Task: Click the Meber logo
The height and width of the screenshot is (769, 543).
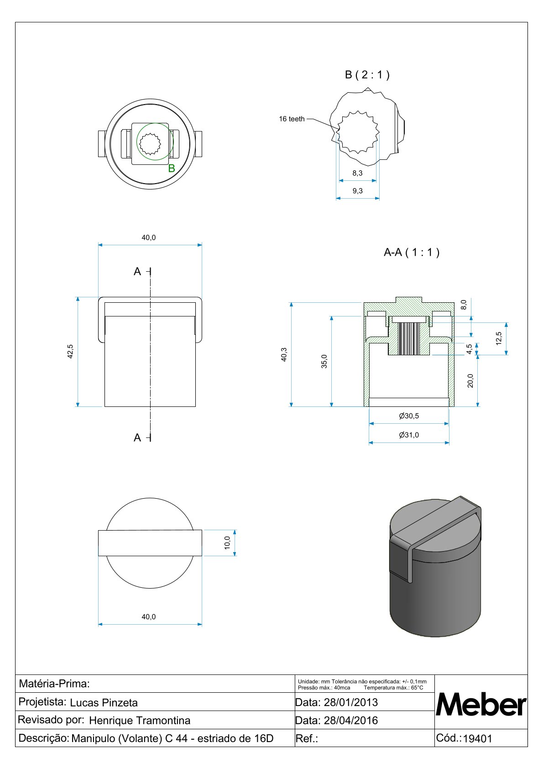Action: (x=481, y=705)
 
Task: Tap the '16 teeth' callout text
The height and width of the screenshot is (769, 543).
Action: (x=292, y=119)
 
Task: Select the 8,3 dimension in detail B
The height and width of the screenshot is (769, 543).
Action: (x=357, y=173)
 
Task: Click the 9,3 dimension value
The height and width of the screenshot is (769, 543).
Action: (x=357, y=191)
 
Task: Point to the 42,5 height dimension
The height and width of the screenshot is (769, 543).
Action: (x=70, y=351)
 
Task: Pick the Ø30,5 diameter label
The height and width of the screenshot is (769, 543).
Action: (x=408, y=416)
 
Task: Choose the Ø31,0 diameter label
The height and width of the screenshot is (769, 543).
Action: (x=408, y=435)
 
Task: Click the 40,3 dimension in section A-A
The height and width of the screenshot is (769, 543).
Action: (x=284, y=354)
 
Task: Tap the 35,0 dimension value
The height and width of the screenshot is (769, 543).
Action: (x=324, y=361)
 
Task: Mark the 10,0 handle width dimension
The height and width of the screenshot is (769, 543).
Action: (x=227, y=543)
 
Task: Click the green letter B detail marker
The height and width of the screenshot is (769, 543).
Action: (x=172, y=169)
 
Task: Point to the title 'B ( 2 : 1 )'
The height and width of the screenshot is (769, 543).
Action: (x=367, y=75)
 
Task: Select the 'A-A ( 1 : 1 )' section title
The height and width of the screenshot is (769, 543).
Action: (x=411, y=253)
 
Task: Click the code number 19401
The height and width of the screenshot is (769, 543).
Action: (x=477, y=739)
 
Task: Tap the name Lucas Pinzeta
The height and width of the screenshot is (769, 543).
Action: (x=104, y=703)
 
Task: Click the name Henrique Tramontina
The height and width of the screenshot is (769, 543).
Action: (x=140, y=721)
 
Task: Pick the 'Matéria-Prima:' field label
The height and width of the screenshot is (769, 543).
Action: (x=54, y=684)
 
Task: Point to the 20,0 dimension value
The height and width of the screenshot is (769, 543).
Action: (x=470, y=380)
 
